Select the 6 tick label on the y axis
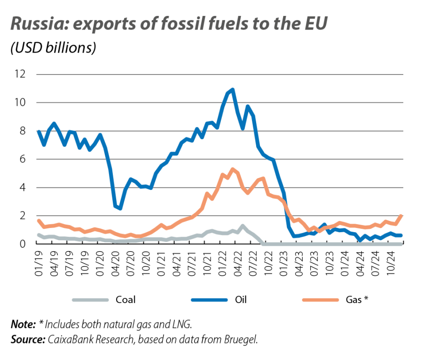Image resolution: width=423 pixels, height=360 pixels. [22, 159]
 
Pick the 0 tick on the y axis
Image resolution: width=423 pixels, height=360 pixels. [22, 244]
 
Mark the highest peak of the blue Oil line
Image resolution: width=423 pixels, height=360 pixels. [233, 89]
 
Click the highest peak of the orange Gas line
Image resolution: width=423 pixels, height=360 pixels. [233, 168]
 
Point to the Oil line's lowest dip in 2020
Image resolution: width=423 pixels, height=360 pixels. [120, 209]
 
